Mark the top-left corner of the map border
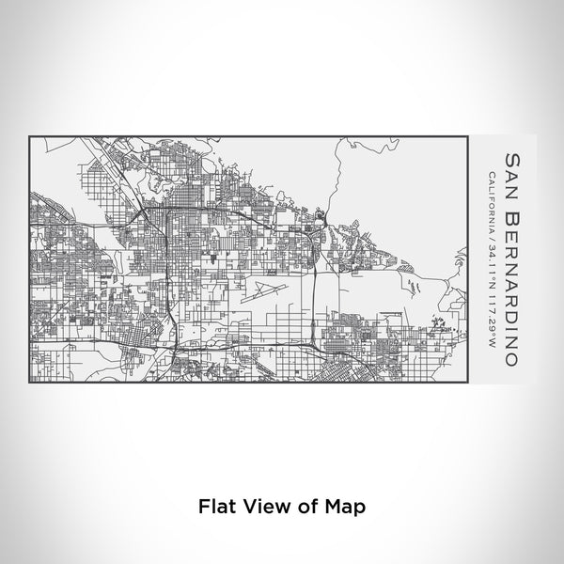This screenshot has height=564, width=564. click(31, 137)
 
